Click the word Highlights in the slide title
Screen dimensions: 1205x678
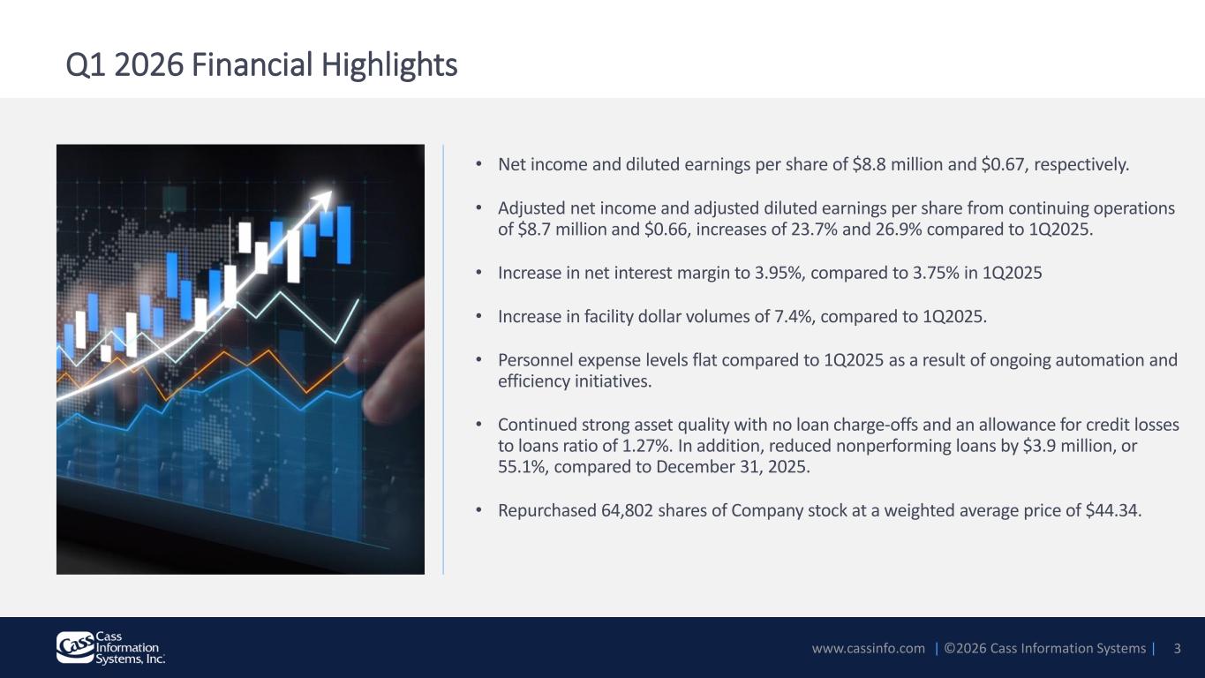tap(389, 65)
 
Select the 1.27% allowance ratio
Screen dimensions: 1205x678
tap(647, 446)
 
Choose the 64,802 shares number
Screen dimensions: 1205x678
tap(627, 510)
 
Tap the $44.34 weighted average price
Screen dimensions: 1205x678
tap(1112, 510)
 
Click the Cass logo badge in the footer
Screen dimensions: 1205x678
tap(75, 647)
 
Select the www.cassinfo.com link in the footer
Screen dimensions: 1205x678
tap(869, 649)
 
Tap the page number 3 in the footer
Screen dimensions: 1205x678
tap(1177, 649)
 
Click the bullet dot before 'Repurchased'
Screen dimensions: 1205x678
tap(478, 509)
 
